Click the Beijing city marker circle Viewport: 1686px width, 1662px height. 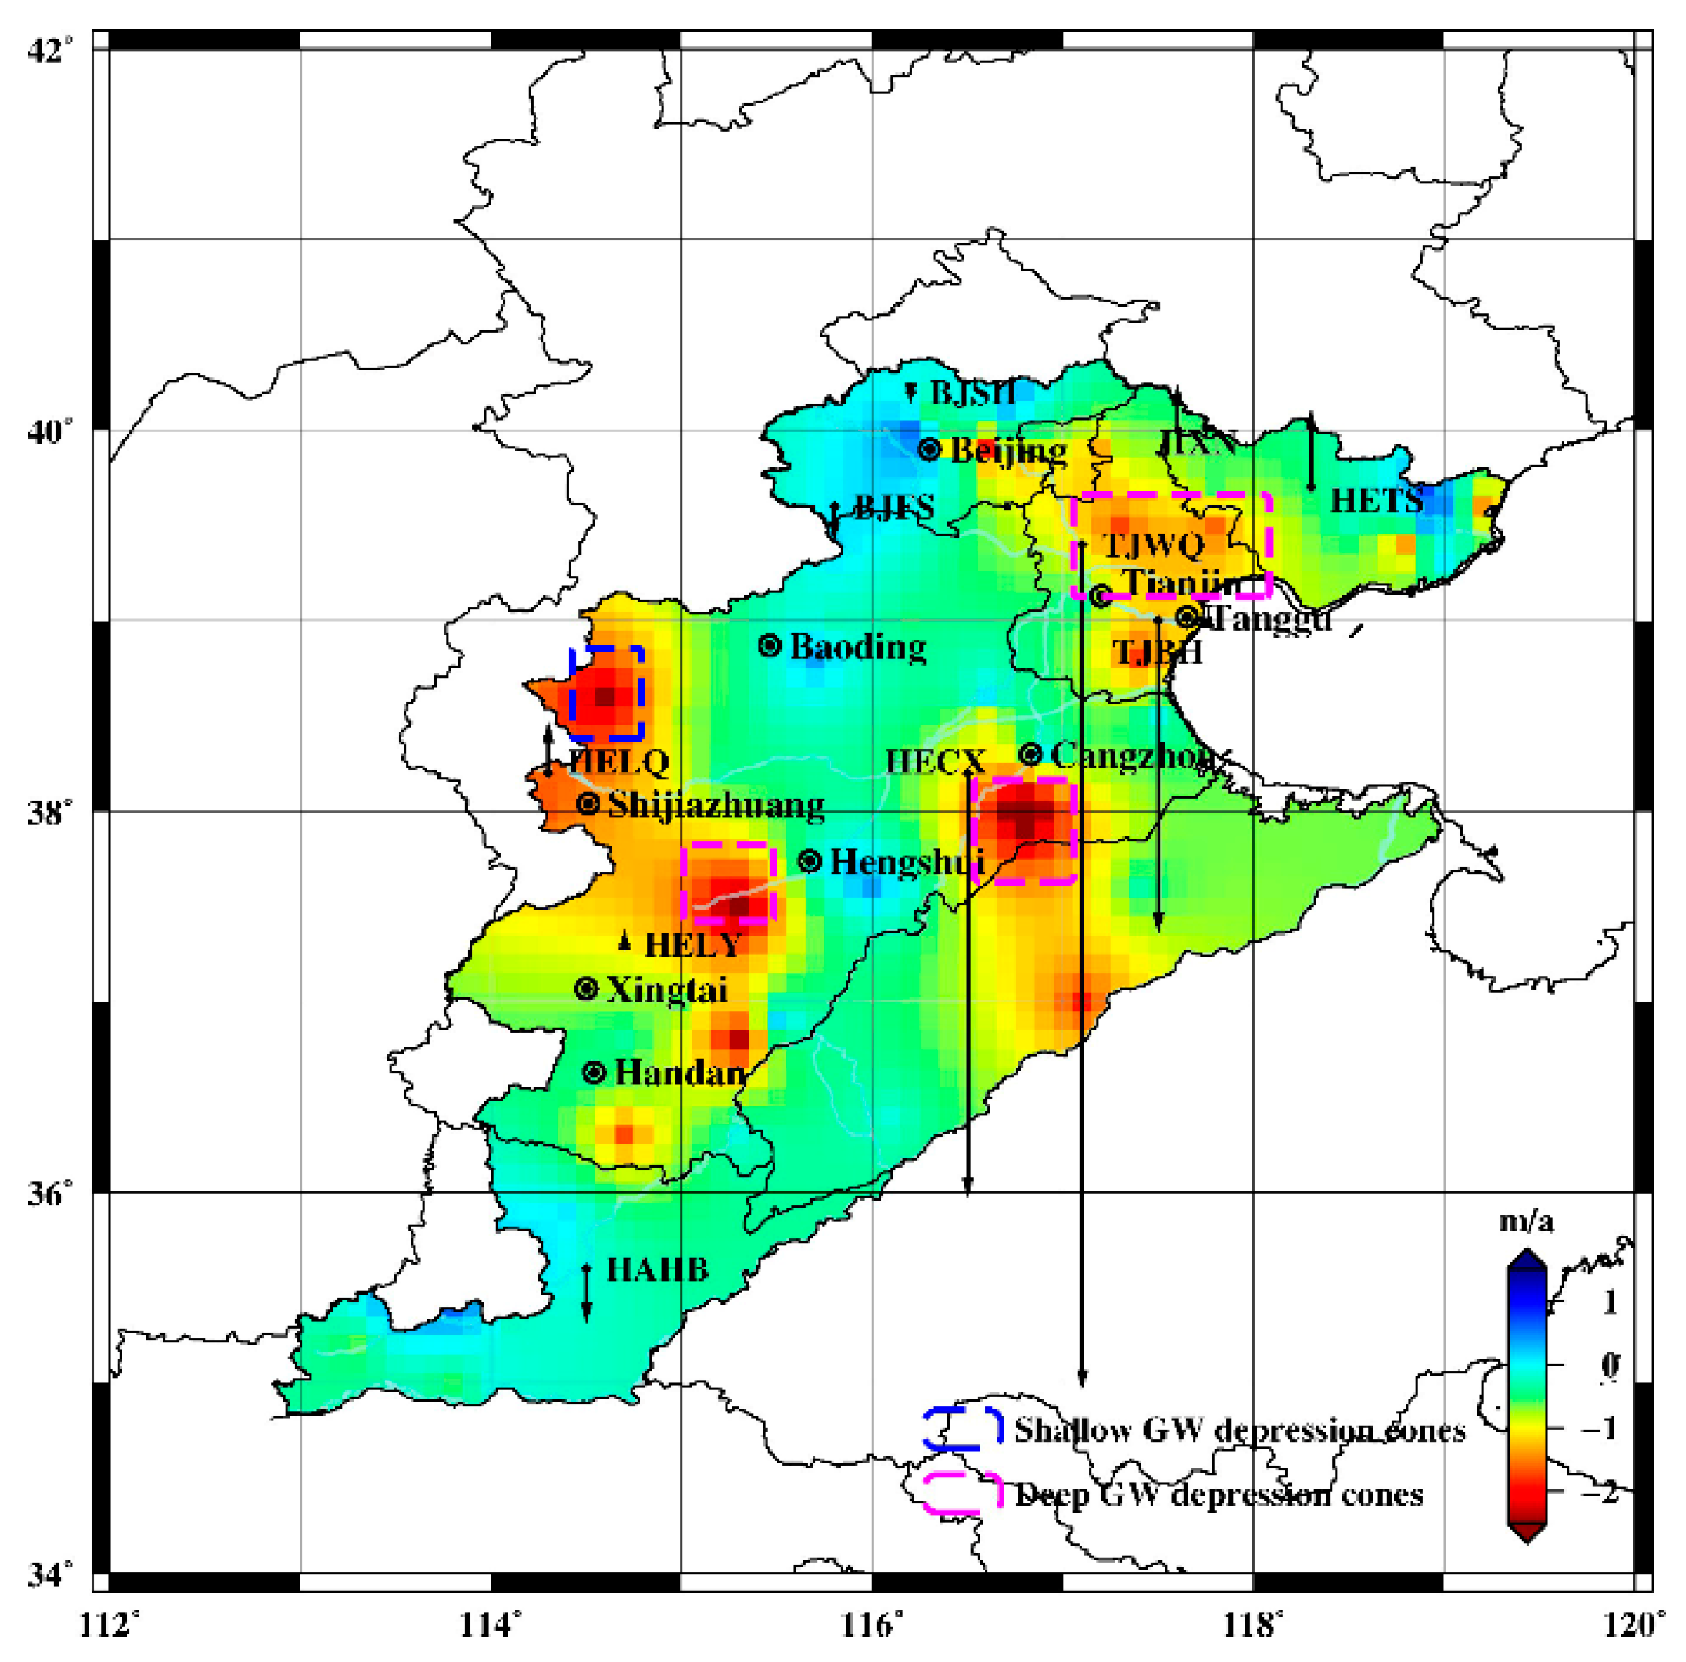click(x=930, y=449)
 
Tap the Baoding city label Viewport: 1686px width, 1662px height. click(x=857, y=648)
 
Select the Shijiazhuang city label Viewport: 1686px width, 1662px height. click(x=716, y=804)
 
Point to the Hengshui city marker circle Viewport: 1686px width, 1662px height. click(x=809, y=861)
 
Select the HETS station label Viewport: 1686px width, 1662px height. click(x=1376, y=501)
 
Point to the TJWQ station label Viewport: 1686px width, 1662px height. click(x=1154, y=546)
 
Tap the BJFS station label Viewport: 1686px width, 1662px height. click(x=893, y=507)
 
